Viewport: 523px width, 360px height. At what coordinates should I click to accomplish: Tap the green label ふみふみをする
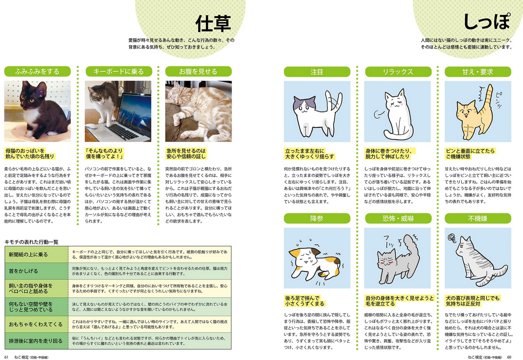37,72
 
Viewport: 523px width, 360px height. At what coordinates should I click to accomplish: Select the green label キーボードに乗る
118,72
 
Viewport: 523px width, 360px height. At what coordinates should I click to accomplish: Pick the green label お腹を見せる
198,72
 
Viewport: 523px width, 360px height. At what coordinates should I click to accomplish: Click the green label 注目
317,72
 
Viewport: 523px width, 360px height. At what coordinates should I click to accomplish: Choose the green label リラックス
397,72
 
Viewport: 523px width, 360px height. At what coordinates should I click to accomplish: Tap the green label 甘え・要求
477,72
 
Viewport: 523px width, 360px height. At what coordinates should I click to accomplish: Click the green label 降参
317,219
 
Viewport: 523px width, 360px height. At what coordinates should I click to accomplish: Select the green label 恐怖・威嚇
397,219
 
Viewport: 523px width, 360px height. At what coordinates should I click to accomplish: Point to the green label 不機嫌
477,219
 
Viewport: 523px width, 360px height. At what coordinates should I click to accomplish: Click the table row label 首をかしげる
23,271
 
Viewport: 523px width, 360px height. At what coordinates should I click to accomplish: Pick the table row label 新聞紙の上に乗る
29,255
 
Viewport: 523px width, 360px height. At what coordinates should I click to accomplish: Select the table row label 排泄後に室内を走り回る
35,341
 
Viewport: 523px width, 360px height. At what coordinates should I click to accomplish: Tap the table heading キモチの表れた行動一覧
31,242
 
